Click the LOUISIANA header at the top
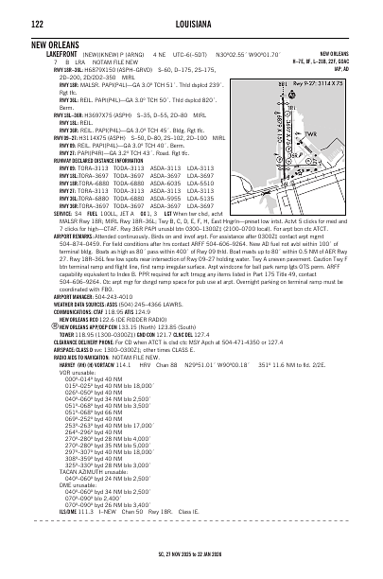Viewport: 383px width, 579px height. coord(192,26)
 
